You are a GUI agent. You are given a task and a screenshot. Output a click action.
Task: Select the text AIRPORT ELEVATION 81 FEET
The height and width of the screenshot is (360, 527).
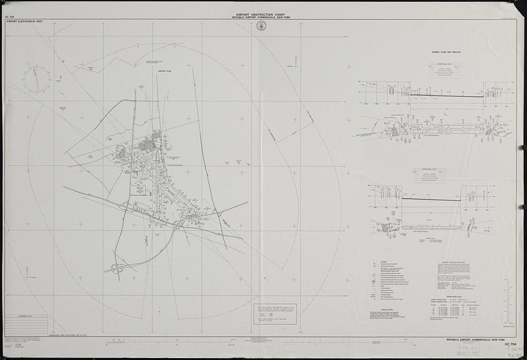[x=24, y=22]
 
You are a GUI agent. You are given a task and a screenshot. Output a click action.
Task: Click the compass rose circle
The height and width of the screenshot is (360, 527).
[x=38, y=78]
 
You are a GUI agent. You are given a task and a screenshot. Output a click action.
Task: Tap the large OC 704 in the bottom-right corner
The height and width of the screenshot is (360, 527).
[x=507, y=344]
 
